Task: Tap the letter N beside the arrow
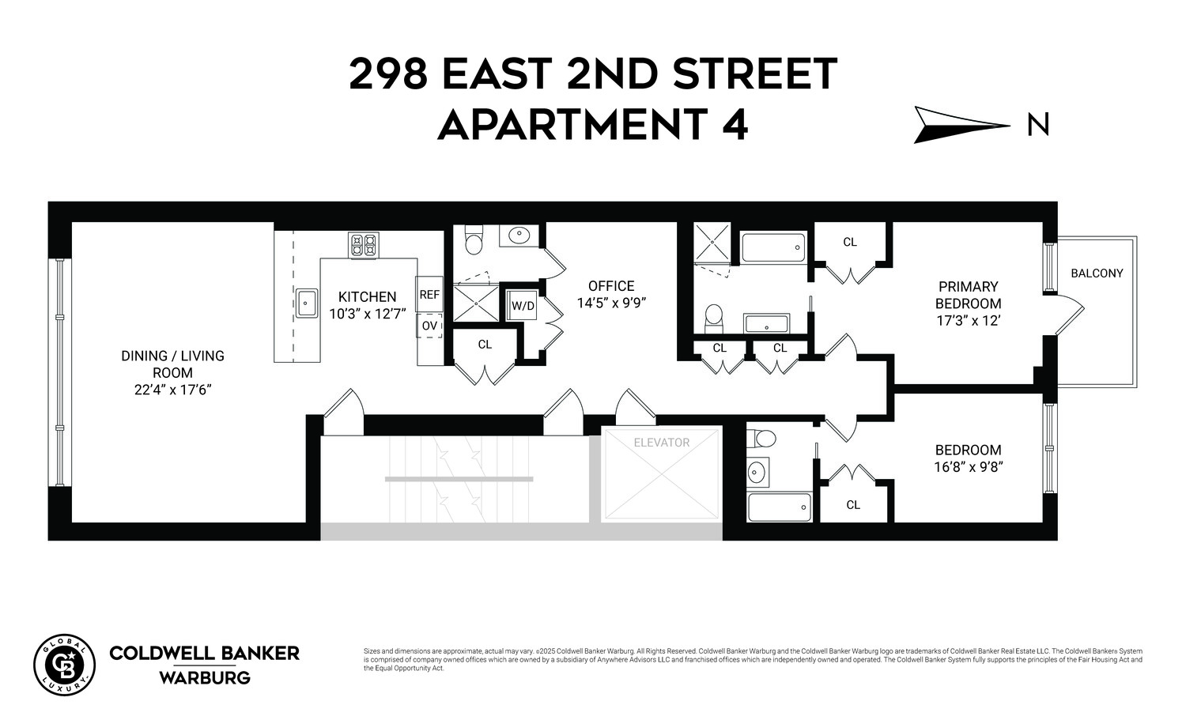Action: point(1038,125)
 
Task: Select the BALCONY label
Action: point(1097,273)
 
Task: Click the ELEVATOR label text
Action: point(662,443)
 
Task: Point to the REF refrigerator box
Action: point(429,295)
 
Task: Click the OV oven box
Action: point(429,326)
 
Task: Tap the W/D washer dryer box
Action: point(523,306)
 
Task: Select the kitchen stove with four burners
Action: point(364,245)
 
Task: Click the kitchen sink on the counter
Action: point(306,303)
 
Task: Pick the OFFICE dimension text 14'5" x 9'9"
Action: point(611,303)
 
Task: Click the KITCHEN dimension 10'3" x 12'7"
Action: point(367,313)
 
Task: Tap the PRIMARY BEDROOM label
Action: point(968,295)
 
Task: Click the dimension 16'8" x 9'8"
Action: point(967,466)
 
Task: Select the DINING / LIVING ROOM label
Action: point(172,364)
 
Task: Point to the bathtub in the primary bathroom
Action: point(773,248)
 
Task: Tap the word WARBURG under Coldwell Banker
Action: point(204,678)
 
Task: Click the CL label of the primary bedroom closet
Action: point(850,242)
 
